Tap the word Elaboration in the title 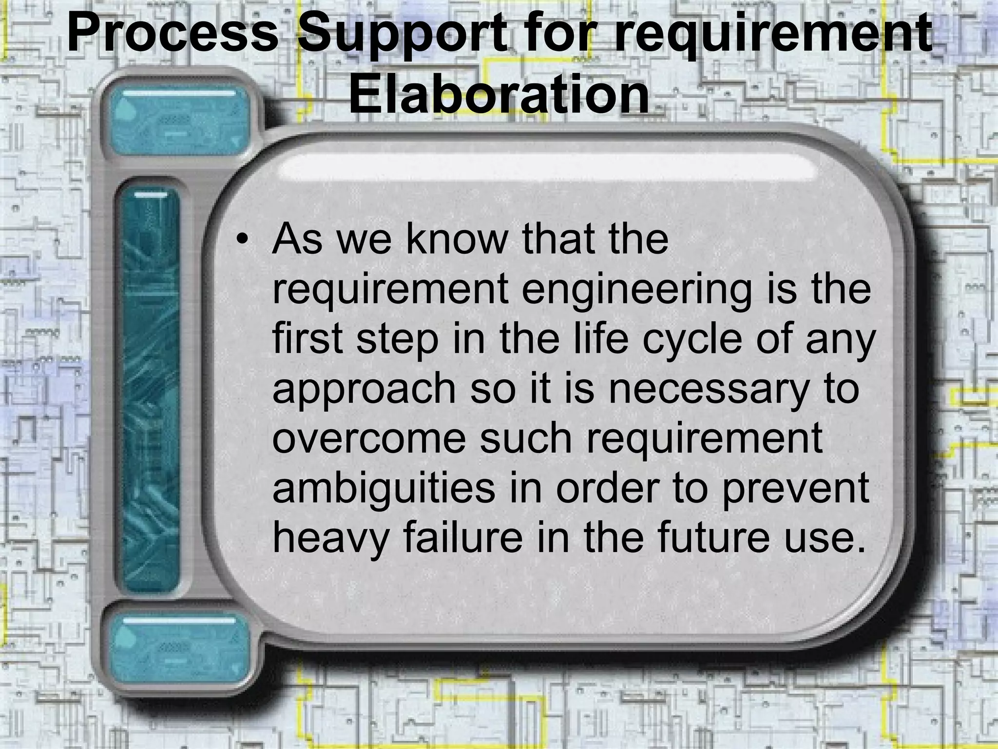[499, 96]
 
